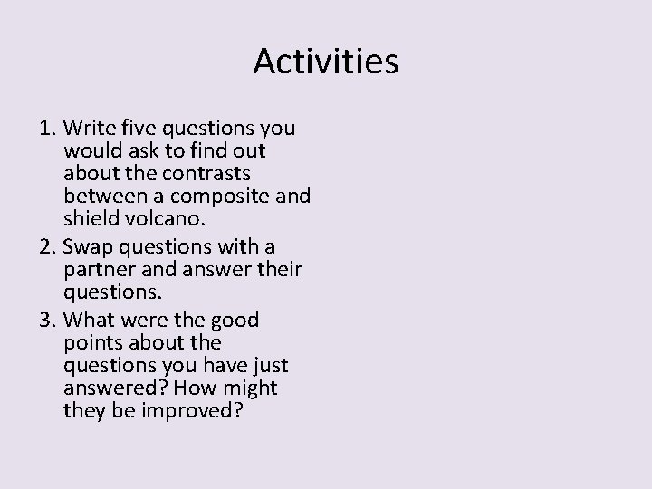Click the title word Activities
(x=325, y=62)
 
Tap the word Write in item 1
(x=86, y=127)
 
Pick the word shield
(x=90, y=217)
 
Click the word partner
(x=97, y=269)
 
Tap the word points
(x=93, y=342)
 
